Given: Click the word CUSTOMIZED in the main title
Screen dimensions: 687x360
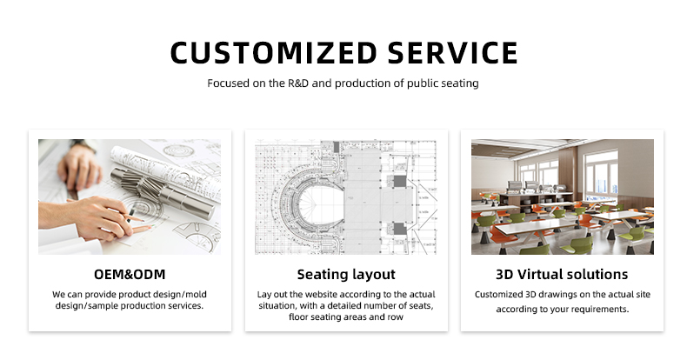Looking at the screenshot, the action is click(273, 53).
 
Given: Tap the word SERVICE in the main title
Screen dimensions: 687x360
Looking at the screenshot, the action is click(452, 53).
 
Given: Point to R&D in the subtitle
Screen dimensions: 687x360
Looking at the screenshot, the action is click(298, 83).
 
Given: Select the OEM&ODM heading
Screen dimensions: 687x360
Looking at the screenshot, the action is click(130, 274).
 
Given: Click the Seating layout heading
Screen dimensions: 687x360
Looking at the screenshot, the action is click(346, 275).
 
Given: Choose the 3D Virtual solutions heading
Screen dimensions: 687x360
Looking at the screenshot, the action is click(562, 274).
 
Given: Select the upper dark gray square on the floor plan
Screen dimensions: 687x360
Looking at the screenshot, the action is click(399, 182).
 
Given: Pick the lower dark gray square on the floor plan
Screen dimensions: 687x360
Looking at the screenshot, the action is click(399, 229).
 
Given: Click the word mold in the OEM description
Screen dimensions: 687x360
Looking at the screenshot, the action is click(197, 294).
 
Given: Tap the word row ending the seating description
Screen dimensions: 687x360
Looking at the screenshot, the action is click(396, 317).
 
